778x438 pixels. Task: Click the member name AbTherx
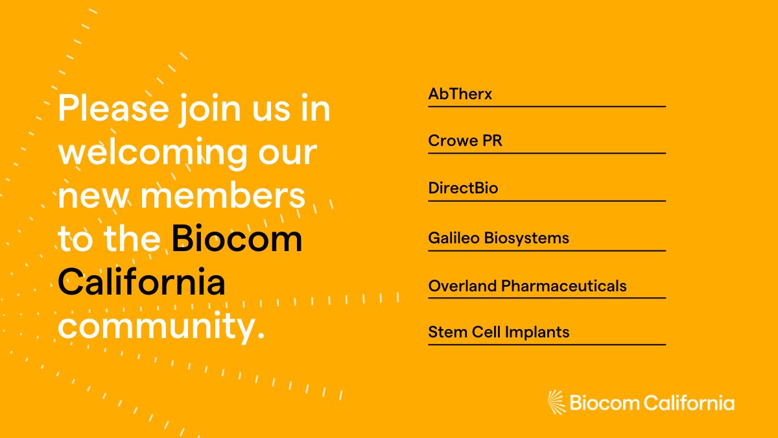(460, 94)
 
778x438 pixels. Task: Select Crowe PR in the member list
(465, 141)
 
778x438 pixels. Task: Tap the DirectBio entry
(463, 189)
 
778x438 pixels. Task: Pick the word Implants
(539, 332)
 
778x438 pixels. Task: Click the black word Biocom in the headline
(237, 239)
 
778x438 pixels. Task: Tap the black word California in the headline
(141, 283)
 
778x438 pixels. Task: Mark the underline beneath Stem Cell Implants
(547, 345)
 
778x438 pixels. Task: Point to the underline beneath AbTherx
(547, 106)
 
